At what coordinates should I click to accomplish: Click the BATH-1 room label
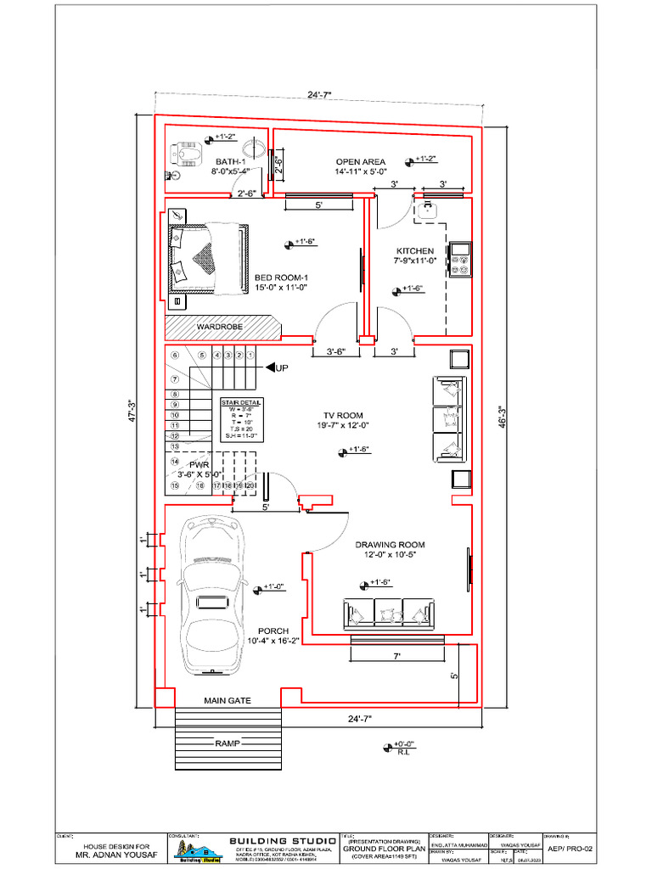tap(229, 161)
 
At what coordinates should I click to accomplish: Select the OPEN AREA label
tap(360, 161)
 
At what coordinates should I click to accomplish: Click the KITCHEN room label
tap(414, 251)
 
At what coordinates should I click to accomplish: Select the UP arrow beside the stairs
tap(275, 367)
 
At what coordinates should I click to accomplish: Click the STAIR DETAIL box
tap(242, 419)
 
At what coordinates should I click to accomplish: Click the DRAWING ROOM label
tap(391, 545)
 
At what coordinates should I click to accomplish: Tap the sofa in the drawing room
tap(389, 614)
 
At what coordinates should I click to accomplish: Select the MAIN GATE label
tap(228, 701)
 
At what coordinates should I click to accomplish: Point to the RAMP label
tap(227, 743)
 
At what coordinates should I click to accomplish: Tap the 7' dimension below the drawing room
tap(396, 656)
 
